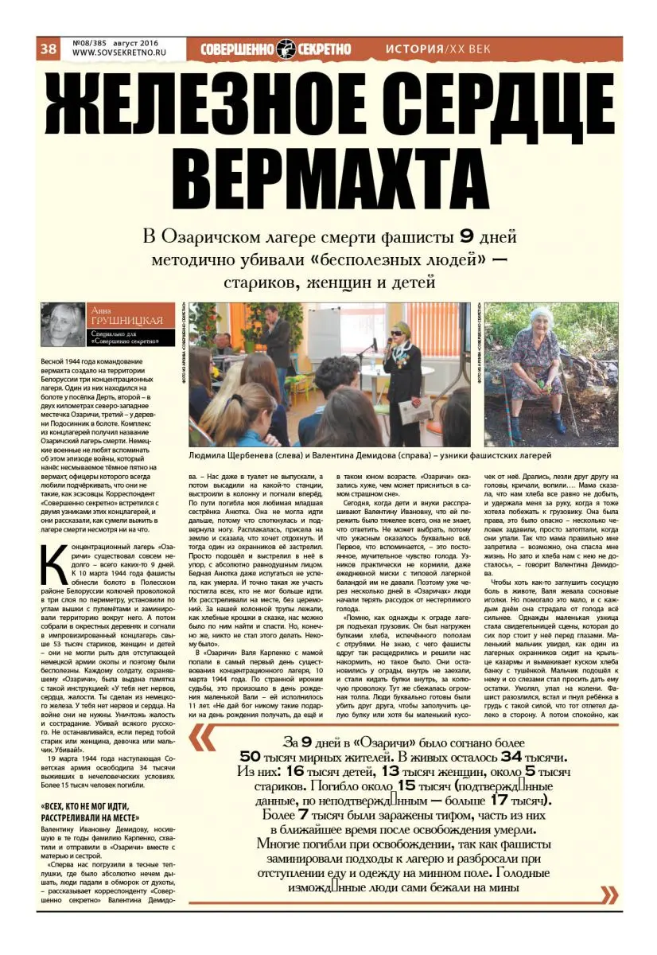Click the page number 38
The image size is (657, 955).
(48, 49)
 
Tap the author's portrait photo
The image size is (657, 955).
(62, 325)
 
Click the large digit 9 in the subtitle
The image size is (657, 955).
(468, 236)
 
